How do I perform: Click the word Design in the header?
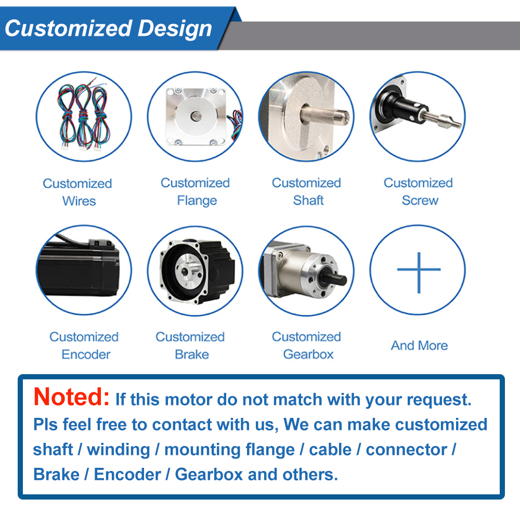point(174,29)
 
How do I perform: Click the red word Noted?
point(72,397)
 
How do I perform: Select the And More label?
point(419,346)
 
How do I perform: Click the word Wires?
point(79,201)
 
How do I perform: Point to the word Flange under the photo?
point(197,201)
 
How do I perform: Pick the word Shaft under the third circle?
point(308,200)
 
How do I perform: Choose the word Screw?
point(420,200)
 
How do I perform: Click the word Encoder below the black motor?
point(86,354)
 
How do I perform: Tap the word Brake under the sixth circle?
point(192,354)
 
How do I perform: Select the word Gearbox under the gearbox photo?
point(308,354)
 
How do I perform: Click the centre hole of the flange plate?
point(196,116)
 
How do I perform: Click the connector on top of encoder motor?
point(101,244)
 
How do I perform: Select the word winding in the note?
point(119,450)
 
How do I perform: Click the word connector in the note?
point(406,450)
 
